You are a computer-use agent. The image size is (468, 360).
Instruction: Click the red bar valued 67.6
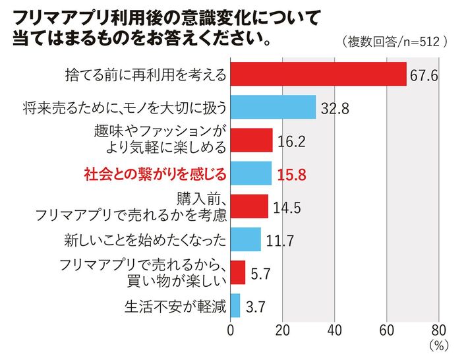tap(318, 74)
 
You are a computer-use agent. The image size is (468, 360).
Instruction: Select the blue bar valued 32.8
tap(274, 107)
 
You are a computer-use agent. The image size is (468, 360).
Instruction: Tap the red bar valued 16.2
tap(252, 140)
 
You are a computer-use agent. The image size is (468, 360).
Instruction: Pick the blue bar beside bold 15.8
tap(251, 173)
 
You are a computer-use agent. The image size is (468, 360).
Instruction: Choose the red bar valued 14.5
tap(250, 206)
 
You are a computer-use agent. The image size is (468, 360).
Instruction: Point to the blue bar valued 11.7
tap(246, 239)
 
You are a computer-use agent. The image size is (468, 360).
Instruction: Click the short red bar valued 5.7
tap(238, 272)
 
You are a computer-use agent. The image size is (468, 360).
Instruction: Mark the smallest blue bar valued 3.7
tap(235, 306)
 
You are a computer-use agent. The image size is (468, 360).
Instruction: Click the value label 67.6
tap(424, 75)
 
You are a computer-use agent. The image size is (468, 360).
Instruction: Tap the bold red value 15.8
tap(290, 174)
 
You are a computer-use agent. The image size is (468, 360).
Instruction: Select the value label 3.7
tap(254, 307)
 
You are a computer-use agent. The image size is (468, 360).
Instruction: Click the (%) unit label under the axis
tap(438, 345)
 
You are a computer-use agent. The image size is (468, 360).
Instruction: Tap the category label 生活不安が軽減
tap(175, 307)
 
